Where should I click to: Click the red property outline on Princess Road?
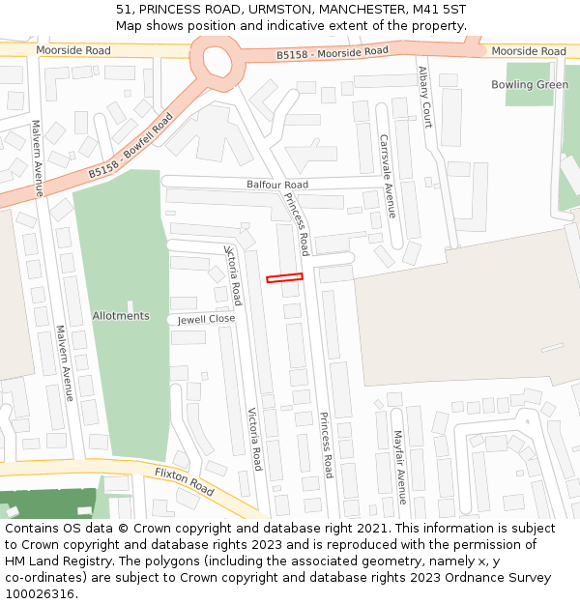pyautogui.click(x=284, y=278)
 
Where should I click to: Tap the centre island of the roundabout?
pyautogui.click(x=217, y=61)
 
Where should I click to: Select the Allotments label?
pyautogui.click(x=121, y=316)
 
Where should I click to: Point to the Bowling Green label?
pyautogui.click(x=529, y=85)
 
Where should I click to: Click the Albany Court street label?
pyautogui.click(x=425, y=97)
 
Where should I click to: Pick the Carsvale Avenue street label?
pyautogui.click(x=387, y=176)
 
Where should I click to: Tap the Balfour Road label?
pyautogui.click(x=276, y=185)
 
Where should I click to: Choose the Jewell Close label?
pyautogui.click(x=206, y=319)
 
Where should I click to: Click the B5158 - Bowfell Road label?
pyautogui.click(x=130, y=146)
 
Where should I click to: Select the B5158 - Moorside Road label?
pyautogui.click(x=332, y=52)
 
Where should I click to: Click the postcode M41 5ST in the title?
pyautogui.click(x=444, y=10)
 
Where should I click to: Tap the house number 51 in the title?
pyautogui.click(x=123, y=10)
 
